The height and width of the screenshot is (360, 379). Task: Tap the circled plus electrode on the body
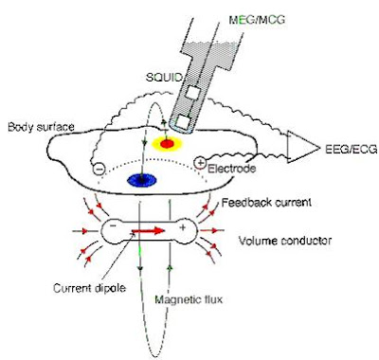pyautogui.click(x=200, y=162)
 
